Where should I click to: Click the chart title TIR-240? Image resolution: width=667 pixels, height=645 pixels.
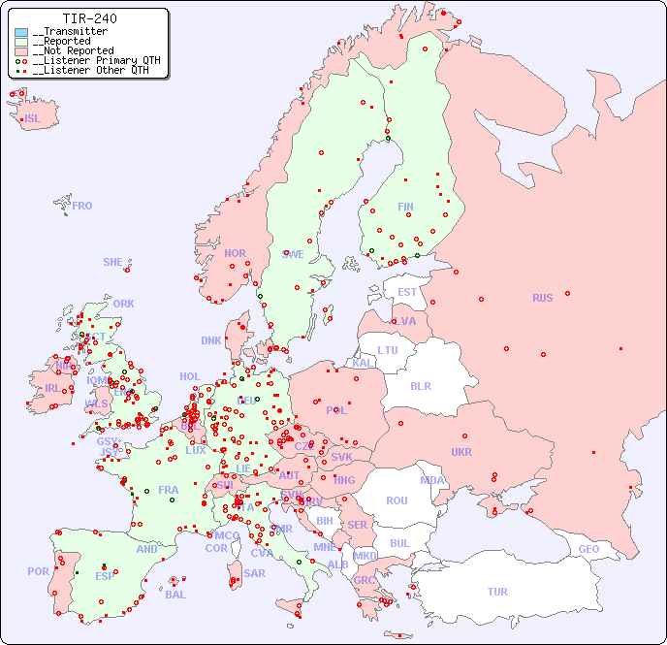[89, 18]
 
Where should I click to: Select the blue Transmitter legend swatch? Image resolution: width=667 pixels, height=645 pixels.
[21, 32]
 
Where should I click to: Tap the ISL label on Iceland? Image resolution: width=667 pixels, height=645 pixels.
[33, 119]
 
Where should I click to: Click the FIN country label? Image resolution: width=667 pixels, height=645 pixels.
[405, 207]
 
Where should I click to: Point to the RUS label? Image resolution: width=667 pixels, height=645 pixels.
[542, 298]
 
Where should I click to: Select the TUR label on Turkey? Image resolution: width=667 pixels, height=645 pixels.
[497, 592]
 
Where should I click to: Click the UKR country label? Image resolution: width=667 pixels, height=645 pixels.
[461, 452]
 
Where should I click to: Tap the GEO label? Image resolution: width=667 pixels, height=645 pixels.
[588, 549]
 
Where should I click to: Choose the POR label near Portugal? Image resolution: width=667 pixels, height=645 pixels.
[38, 571]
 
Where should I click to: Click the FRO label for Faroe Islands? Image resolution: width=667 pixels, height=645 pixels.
[82, 206]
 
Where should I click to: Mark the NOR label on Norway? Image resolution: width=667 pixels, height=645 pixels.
[235, 253]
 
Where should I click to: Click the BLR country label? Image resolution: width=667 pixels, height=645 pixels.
[420, 385]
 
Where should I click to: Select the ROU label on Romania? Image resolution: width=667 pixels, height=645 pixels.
[397, 500]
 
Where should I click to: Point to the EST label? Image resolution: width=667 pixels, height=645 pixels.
[407, 292]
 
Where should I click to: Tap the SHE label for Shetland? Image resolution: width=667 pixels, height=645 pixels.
[113, 262]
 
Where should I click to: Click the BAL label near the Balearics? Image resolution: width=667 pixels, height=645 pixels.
[175, 595]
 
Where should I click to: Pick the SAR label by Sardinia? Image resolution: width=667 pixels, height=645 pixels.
[254, 573]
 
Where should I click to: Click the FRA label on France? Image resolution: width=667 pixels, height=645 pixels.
[169, 490]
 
